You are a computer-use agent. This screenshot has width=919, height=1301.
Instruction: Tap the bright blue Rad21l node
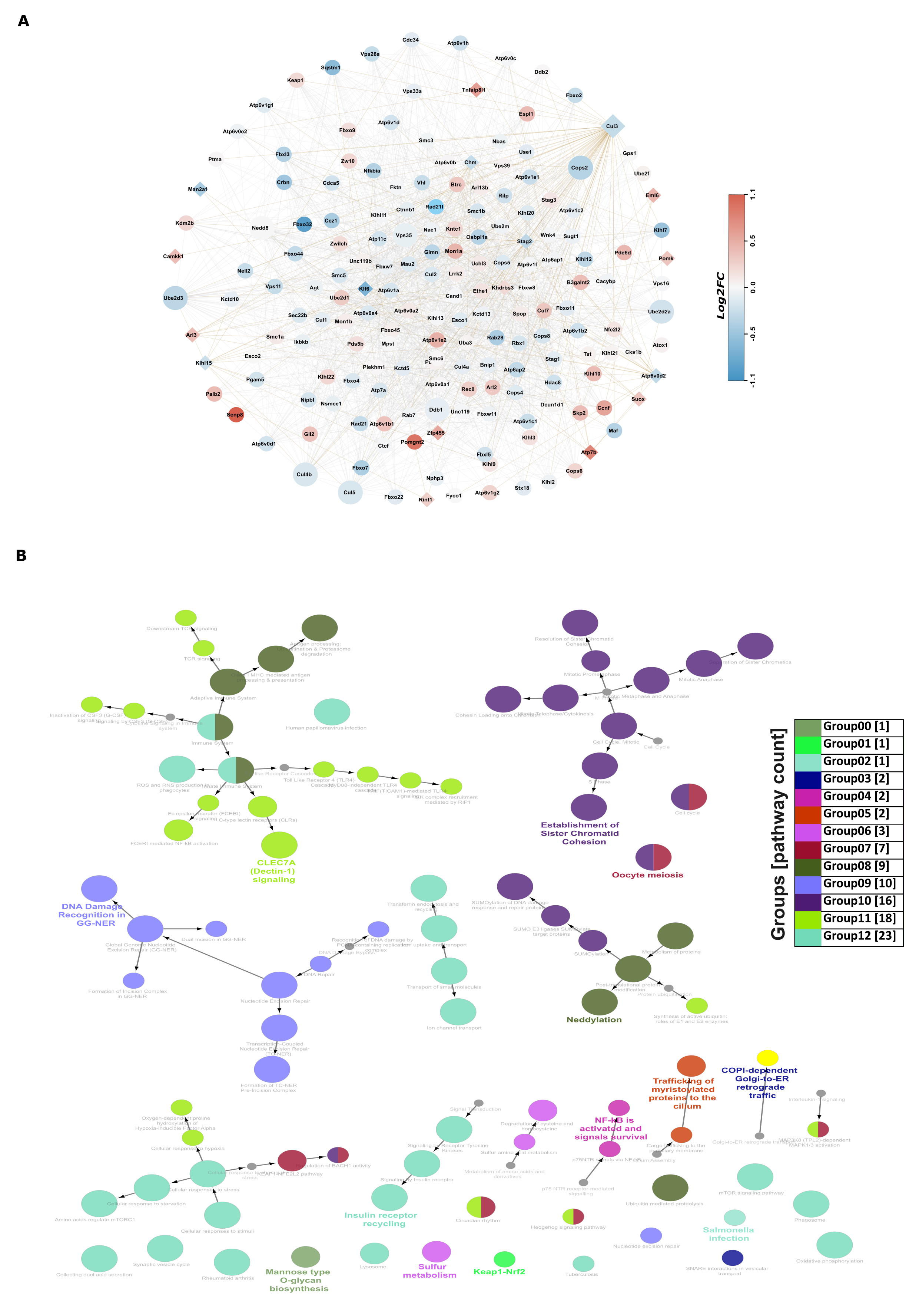[x=435, y=207]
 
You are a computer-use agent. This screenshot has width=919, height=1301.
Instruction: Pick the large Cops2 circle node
[x=580, y=168]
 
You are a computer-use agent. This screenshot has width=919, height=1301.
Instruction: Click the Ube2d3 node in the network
[x=175, y=298]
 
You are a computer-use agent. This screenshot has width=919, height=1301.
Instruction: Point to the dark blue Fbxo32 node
[x=303, y=224]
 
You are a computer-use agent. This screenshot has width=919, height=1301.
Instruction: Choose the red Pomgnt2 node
[x=414, y=442]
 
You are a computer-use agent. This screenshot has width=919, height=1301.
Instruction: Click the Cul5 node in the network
[x=350, y=493]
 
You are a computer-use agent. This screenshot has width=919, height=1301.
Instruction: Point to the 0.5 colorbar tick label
[x=753, y=241]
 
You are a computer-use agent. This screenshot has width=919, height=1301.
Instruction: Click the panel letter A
[x=23, y=21]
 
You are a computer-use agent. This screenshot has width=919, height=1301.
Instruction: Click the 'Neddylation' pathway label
[x=594, y=1020]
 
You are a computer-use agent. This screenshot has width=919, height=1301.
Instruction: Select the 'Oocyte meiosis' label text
[x=647, y=875]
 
